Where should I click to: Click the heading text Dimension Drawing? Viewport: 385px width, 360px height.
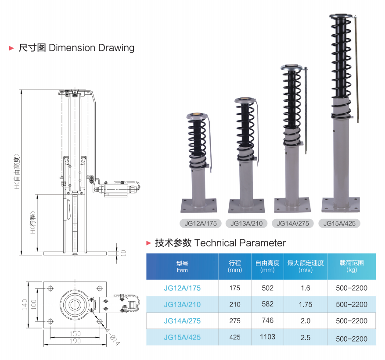click(91, 48)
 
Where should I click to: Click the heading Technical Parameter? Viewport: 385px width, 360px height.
click(240, 242)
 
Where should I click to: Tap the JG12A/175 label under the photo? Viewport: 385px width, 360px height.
click(201, 223)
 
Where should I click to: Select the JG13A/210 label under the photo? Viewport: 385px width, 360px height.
click(246, 223)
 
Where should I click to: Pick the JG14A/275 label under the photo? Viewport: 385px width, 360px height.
click(293, 223)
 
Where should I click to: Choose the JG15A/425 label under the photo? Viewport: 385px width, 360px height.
click(339, 223)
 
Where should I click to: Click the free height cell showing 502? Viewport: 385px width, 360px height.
click(267, 288)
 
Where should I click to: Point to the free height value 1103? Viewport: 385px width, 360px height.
click(267, 337)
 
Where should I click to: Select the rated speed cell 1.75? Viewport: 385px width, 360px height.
click(305, 304)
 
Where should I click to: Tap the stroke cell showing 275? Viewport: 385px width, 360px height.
click(235, 321)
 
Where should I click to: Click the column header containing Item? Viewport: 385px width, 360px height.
click(182, 267)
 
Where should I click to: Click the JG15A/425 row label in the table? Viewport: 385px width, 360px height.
click(182, 337)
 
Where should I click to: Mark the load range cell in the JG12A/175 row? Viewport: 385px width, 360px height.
click(351, 288)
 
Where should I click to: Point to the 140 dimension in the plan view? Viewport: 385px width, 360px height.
click(25, 304)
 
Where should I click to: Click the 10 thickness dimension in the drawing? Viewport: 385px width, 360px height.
click(123, 253)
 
